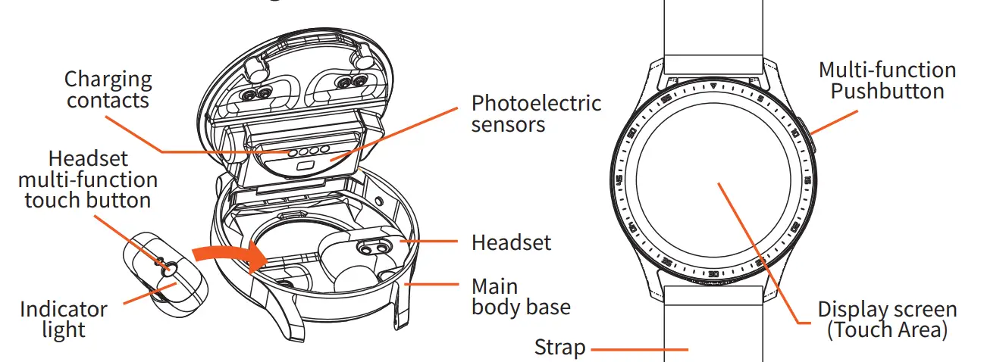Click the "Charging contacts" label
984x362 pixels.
(x=108, y=89)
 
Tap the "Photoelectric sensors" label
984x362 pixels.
(x=536, y=113)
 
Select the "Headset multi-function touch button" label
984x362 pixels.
(x=88, y=179)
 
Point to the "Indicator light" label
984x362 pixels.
(x=64, y=319)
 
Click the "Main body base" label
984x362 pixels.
(x=521, y=297)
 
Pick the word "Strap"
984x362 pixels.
(x=559, y=348)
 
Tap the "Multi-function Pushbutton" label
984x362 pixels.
(x=887, y=80)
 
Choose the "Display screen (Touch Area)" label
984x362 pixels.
(x=887, y=320)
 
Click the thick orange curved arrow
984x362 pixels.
(x=227, y=256)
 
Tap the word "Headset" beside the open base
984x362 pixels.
(x=511, y=242)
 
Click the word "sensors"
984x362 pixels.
(x=508, y=124)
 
